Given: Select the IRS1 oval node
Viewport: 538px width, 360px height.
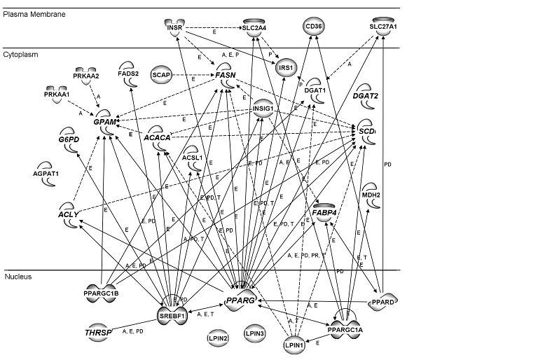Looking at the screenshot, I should coord(284,67).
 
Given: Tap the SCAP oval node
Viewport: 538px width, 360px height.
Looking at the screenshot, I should coord(162,74).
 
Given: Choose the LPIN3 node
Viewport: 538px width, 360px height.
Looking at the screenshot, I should coord(255,334).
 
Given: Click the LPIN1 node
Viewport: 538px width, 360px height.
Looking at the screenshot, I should coord(295,344).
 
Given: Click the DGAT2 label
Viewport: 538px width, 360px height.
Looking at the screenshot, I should coord(367,96).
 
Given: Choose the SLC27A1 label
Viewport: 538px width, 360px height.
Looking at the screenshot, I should coord(382,27).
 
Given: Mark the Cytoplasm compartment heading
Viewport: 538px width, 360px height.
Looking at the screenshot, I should coord(23,54).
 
